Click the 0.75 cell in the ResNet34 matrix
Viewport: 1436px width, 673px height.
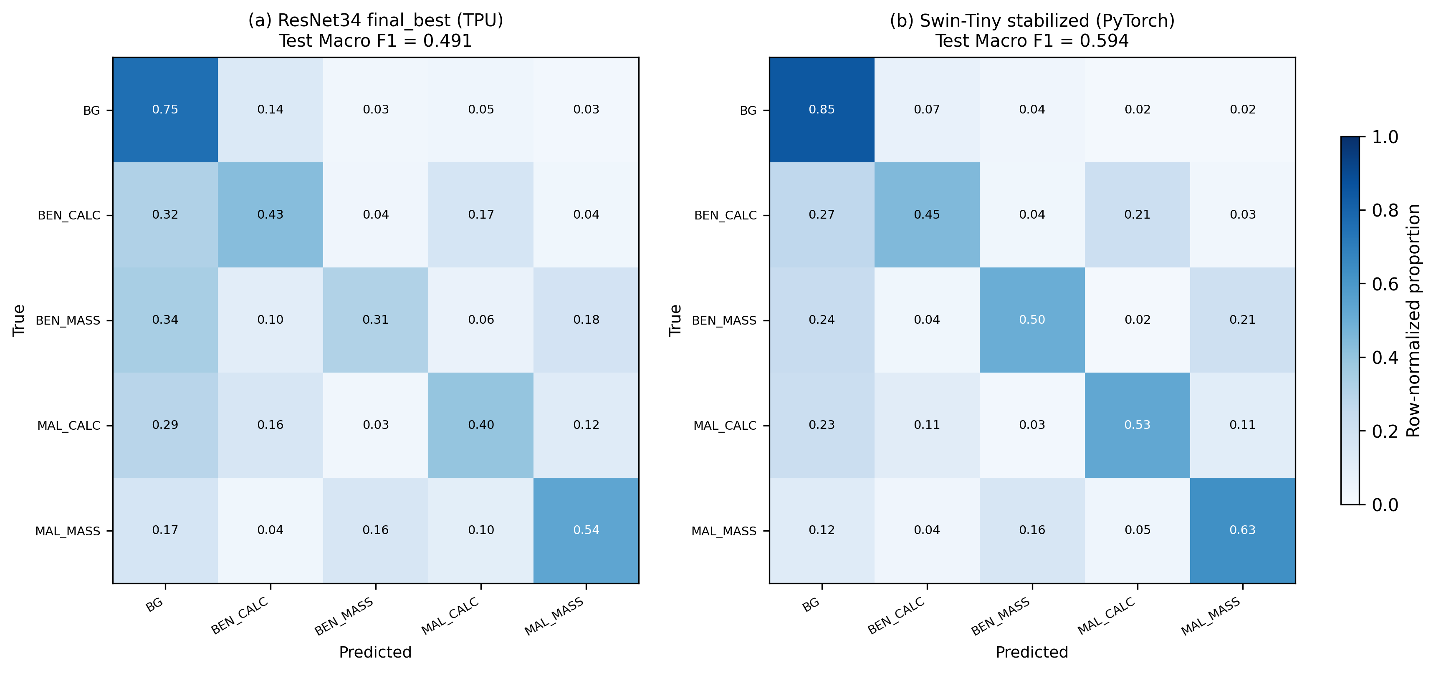[165, 110]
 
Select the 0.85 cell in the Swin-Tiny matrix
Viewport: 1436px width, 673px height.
[822, 110]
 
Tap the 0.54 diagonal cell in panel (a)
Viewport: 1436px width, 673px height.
[586, 530]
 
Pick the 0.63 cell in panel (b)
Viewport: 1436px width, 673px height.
[1243, 530]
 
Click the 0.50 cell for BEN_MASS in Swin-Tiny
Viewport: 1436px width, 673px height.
[1032, 320]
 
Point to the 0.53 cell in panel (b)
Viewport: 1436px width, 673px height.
[1137, 425]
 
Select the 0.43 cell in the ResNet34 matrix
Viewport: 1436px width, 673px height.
[271, 215]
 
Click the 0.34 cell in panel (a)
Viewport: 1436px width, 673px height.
[165, 320]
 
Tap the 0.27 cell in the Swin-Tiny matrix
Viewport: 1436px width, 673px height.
[822, 215]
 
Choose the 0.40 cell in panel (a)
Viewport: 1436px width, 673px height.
[480, 425]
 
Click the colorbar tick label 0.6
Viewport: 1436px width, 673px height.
[1385, 285]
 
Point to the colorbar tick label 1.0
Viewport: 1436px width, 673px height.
[1385, 137]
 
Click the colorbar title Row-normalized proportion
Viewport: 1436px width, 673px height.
[1414, 320]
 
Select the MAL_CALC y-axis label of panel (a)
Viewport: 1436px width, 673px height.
[68, 426]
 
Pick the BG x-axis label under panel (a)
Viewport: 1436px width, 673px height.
[154, 605]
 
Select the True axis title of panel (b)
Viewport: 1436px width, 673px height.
[675, 320]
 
